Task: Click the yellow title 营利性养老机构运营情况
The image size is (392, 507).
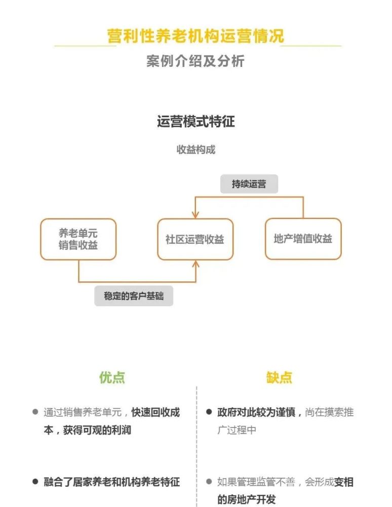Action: click(x=195, y=36)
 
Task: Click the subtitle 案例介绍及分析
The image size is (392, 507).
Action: click(x=195, y=61)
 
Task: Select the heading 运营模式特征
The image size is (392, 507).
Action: click(x=195, y=122)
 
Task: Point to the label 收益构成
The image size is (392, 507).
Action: click(x=195, y=150)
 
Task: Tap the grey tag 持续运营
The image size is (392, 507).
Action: click(x=249, y=184)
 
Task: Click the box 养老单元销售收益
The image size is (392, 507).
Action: click(x=78, y=239)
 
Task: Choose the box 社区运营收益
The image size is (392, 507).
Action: click(x=195, y=239)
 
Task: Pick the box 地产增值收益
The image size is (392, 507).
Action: click(x=303, y=239)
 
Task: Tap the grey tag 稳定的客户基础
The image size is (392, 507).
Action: click(x=134, y=296)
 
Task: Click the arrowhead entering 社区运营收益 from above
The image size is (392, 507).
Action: click(x=195, y=215)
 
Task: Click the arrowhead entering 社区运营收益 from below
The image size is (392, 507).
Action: click(x=195, y=264)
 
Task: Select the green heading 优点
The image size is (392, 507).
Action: click(x=112, y=377)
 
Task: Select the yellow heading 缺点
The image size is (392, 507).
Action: click(x=279, y=377)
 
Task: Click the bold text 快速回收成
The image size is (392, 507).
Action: click(x=155, y=412)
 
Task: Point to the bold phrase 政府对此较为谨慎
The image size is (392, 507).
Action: click(x=256, y=412)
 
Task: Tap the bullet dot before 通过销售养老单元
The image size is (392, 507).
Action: click(x=35, y=412)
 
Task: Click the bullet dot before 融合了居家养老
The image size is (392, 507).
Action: click(x=35, y=482)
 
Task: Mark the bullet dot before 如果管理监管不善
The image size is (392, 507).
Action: click(x=209, y=482)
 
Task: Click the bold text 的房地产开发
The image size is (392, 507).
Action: click(x=246, y=499)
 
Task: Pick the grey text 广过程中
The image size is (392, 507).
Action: click(x=237, y=430)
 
